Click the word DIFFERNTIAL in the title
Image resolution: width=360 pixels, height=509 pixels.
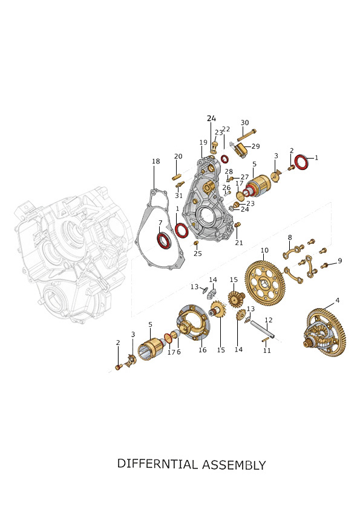[x=157, y=464]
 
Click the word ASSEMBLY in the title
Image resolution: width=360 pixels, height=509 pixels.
[x=234, y=465]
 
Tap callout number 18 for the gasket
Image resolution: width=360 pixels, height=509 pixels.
[x=156, y=162]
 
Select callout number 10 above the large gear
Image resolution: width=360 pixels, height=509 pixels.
[x=264, y=251]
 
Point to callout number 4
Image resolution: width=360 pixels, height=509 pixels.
[x=337, y=301]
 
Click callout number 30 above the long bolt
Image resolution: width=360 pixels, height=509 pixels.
[x=245, y=123]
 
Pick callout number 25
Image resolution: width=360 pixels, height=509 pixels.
[x=198, y=254]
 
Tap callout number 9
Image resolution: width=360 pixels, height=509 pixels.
[x=339, y=261]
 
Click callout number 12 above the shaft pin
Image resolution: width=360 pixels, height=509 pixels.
[x=269, y=320]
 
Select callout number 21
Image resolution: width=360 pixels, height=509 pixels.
[x=239, y=243]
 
